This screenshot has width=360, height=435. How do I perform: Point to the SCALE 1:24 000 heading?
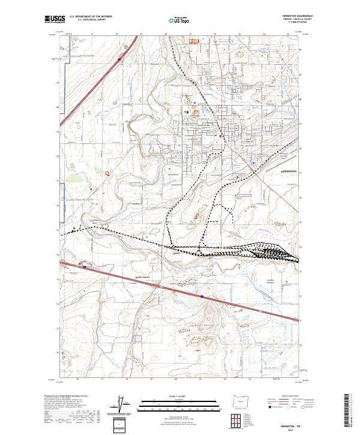click(178, 397)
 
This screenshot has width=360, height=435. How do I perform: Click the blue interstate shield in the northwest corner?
click(119, 59)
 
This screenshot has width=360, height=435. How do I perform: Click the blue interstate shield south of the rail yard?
click(203, 296)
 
